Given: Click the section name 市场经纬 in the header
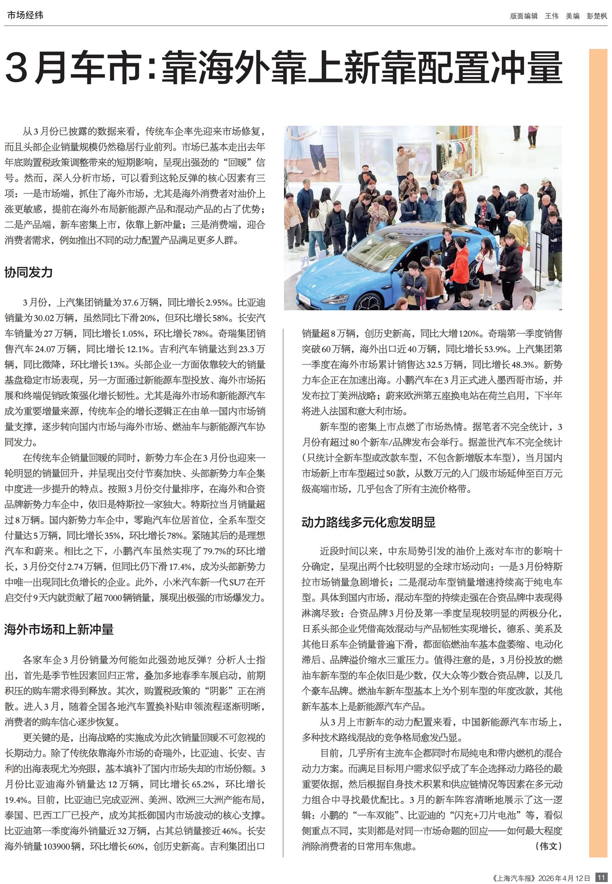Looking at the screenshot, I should (x=25, y=15).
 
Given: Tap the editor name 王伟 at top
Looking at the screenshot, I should (x=551, y=16).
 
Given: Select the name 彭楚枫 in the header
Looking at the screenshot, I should (x=597, y=16).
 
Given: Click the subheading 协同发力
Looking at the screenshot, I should (x=28, y=272).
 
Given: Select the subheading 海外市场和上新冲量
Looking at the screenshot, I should (x=59, y=629).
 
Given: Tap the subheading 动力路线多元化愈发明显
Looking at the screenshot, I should (x=368, y=522).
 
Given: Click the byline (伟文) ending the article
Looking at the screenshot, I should (x=548, y=846).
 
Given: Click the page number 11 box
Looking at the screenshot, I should (x=601, y=877).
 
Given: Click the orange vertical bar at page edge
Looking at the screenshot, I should (x=598, y=430).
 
